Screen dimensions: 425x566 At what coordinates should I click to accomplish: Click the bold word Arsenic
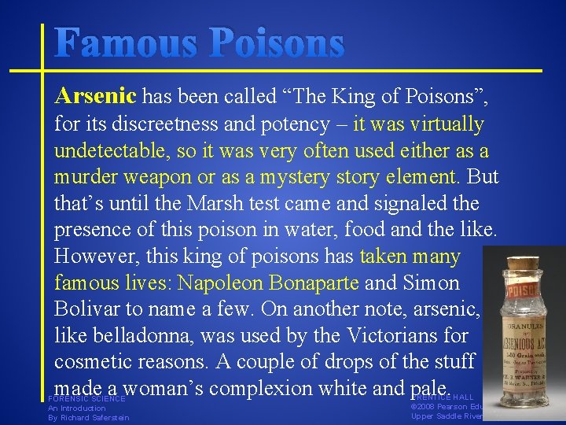pos(95,97)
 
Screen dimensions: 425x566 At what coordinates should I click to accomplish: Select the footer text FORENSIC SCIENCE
pos(86,399)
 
